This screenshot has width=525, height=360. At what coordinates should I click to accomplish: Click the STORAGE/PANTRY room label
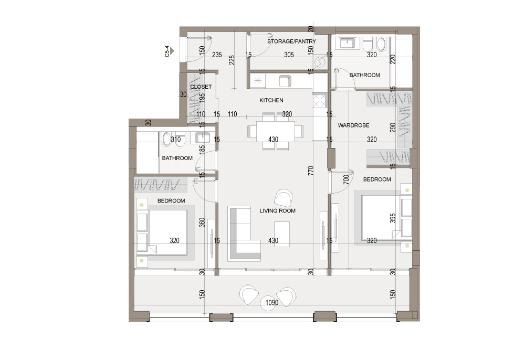click(291, 41)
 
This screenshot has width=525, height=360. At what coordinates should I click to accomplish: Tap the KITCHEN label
click(271, 100)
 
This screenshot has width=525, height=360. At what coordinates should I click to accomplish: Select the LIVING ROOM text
click(278, 211)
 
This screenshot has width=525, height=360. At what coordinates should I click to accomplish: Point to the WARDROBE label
click(353, 125)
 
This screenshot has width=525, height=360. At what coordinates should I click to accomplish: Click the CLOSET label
click(201, 87)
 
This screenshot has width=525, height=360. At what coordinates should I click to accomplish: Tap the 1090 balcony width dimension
click(272, 303)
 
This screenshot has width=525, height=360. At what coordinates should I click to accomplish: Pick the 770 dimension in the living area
click(311, 171)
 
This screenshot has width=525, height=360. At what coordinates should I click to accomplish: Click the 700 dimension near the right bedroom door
click(346, 179)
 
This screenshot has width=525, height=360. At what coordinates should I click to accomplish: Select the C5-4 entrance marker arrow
click(172, 51)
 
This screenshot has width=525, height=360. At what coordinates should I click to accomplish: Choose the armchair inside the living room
click(284, 198)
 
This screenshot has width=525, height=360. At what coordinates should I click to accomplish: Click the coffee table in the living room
click(282, 234)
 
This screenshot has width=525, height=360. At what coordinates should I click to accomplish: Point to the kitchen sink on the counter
click(285, 81)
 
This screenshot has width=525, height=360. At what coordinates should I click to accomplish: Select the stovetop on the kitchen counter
click(319, 100)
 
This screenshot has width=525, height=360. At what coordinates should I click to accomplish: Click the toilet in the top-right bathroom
click(367, 45)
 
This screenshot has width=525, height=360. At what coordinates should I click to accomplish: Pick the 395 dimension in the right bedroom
click(393, 218)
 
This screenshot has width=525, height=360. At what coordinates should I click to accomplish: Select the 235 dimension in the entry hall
click(217, 55)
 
